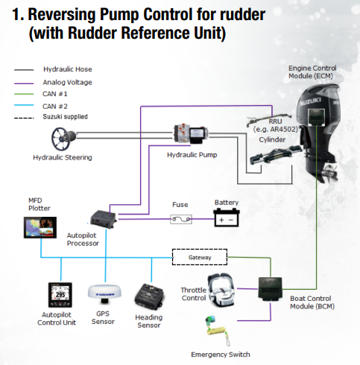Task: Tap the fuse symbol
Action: tap(181, 219)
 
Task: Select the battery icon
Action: tap(227, 218)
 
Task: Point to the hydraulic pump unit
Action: tap(191, 133)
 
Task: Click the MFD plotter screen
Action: tap(40, 227)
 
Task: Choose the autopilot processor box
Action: tap(103, 220)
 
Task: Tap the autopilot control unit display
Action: tap(60, 295)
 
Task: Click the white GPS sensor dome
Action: tap(104, 293)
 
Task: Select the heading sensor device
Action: tap(149, 297)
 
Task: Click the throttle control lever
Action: tap(221, 289)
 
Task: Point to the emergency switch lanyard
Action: tap(218, 331)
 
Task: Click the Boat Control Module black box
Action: tap(270, 288)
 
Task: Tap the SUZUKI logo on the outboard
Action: tap(311, 101)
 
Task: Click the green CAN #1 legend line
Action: tap(24, 94)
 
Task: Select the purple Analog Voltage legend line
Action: tap(24, 83)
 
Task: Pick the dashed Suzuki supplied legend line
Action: tap(24, 118)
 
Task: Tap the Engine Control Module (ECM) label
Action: tap(312, 72)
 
